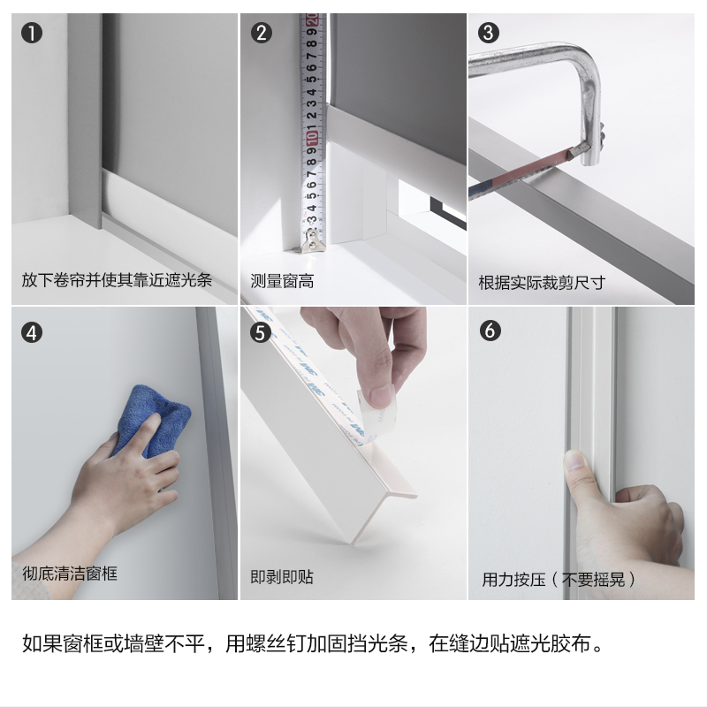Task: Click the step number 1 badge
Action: coord(32,34)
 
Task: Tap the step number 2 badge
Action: coord(261,33)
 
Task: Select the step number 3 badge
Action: coord(489,33)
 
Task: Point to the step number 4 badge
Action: coord(32,333)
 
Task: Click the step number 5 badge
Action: coord(261,332)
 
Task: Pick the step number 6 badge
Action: coord(490,331)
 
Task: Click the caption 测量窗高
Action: coord(282,281)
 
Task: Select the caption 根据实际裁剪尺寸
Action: coord(542,283)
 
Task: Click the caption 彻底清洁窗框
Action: coord(70,574)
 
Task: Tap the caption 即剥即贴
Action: coord(282,577)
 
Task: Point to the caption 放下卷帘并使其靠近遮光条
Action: coord(117,280)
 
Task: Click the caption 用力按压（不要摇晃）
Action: coord(559,580)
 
